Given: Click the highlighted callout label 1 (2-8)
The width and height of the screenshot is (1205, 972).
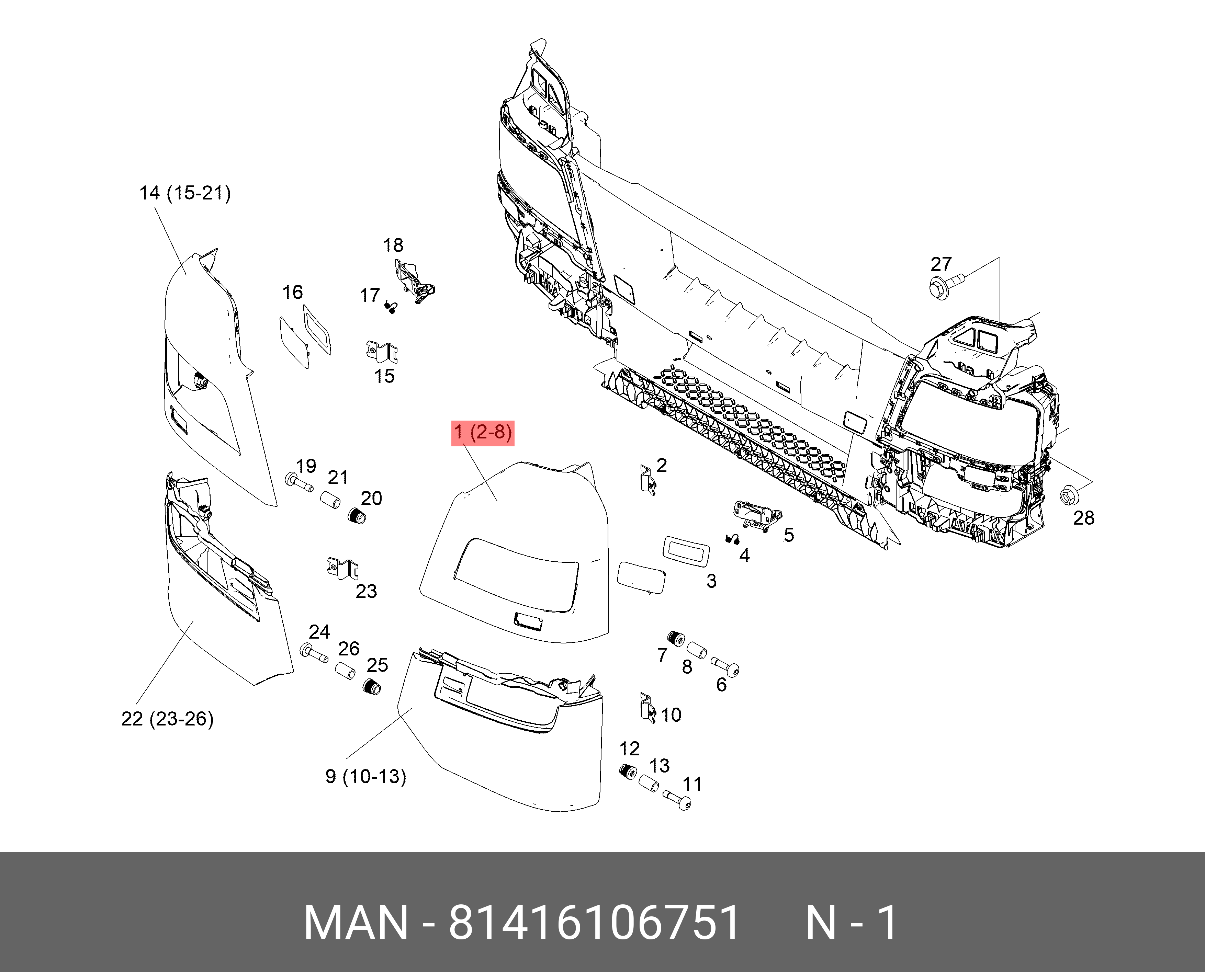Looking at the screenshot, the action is (x=483, y=433).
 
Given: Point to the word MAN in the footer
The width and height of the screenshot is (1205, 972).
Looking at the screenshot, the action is (x=356, y=922).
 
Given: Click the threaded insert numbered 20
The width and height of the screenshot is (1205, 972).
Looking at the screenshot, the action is (x=357, y=516).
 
